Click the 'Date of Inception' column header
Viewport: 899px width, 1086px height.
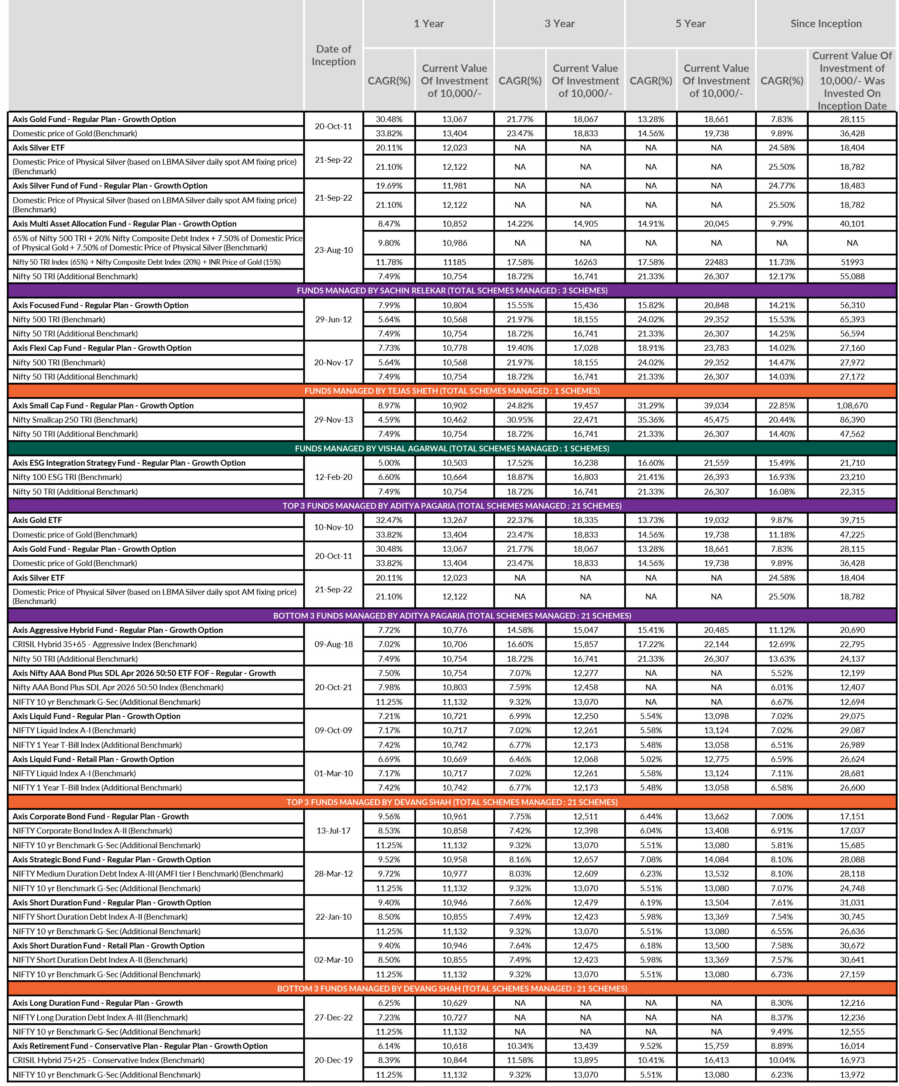333,55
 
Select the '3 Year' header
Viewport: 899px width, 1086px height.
559,24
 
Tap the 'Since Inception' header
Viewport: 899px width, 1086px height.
825,24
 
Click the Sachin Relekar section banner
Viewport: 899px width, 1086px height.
452,291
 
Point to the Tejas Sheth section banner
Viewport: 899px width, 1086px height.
452,391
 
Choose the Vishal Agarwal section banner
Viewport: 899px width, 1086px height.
452,449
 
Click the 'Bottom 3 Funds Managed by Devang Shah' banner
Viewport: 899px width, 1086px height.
452,988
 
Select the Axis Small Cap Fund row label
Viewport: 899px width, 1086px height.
103,405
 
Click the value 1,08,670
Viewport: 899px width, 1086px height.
852,405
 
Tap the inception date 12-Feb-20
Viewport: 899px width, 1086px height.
333,477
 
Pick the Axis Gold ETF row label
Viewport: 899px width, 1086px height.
37,520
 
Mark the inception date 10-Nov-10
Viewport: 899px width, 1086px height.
333,528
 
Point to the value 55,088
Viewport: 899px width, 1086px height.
852,276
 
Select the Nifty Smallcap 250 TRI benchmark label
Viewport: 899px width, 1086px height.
75,420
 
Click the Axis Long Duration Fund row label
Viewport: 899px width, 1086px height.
97,1003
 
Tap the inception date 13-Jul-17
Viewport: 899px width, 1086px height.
333,831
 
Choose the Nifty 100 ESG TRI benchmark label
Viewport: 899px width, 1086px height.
67,477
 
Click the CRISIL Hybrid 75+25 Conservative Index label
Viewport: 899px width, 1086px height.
109,1060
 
